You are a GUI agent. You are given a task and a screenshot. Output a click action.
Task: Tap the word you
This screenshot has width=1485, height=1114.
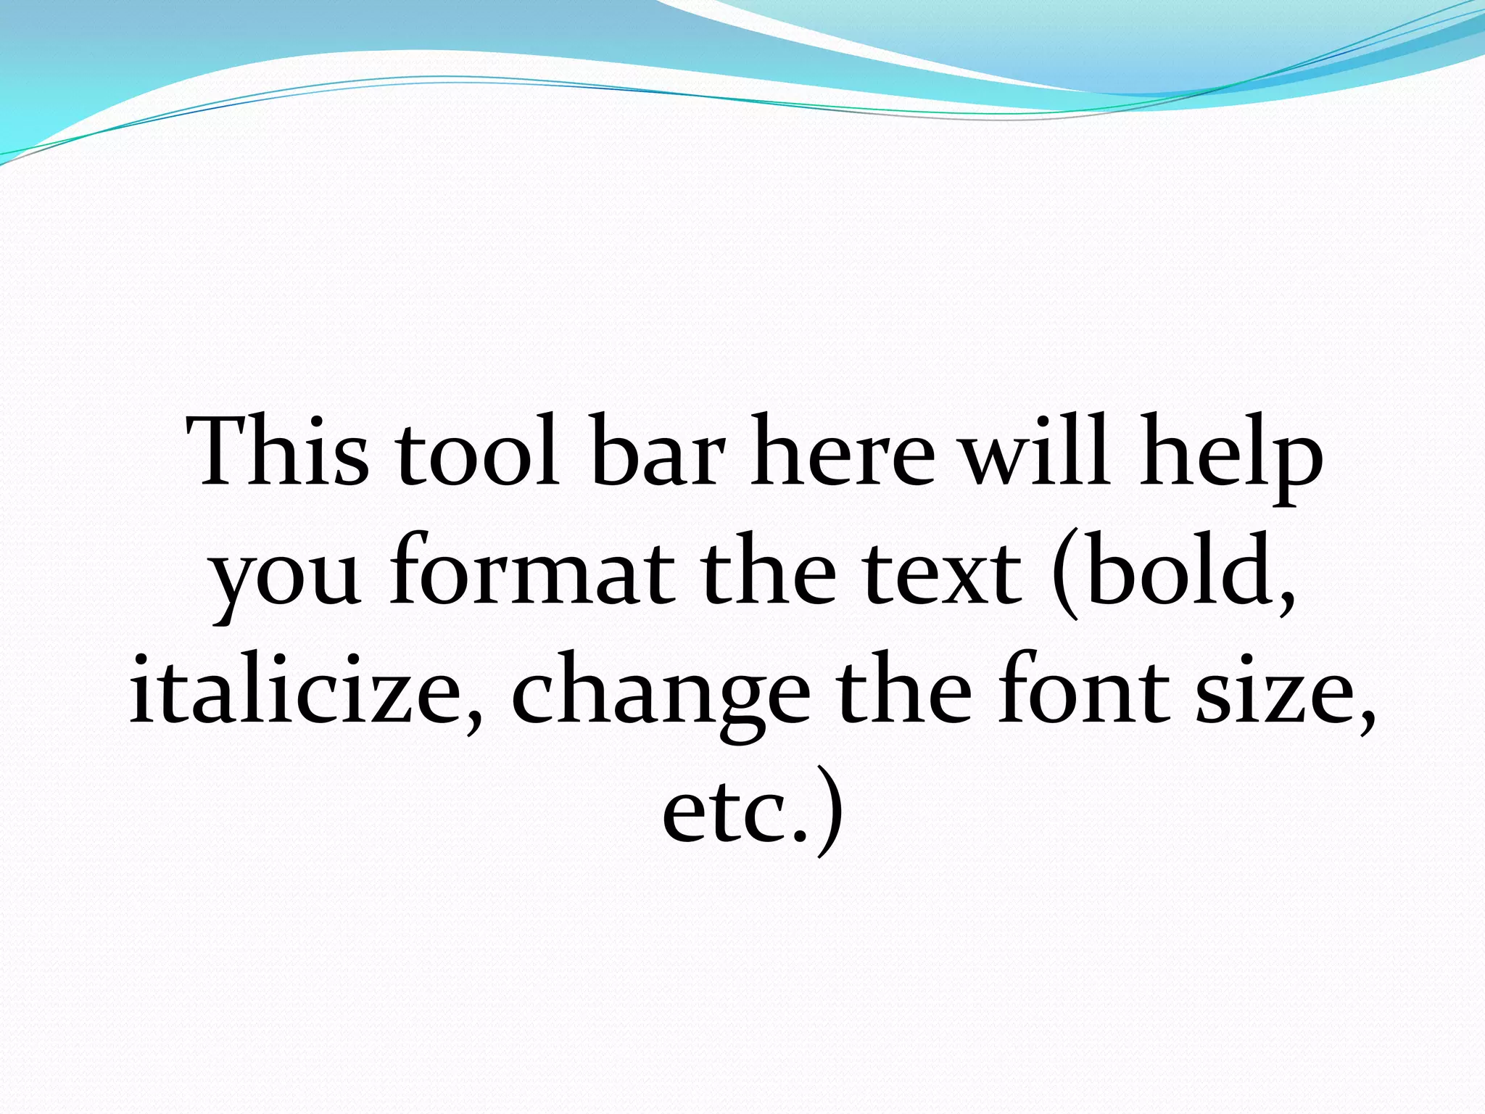click(x=286, y=577)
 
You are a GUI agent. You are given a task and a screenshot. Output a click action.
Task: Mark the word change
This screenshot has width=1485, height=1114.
click(x=661, y=696)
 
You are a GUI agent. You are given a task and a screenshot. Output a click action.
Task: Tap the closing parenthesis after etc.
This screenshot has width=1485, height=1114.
click(x=830, y=812)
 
